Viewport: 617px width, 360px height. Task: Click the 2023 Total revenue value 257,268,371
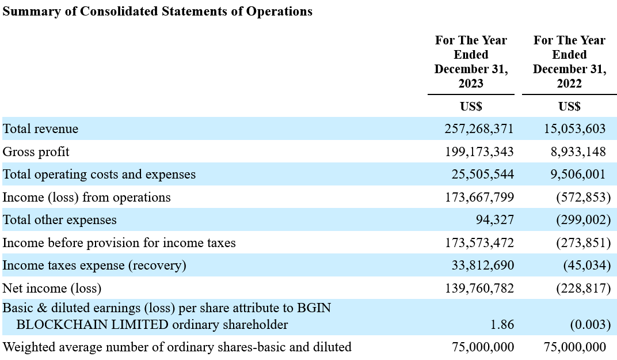[479, 129]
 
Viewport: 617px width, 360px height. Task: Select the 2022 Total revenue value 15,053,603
[574, 129]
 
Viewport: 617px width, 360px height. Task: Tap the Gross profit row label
[36, 151]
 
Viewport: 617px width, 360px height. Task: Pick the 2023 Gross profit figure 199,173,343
[479, 151]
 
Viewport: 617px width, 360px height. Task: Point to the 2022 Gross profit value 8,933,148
[578, 151]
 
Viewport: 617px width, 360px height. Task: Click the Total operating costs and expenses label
[99, 174]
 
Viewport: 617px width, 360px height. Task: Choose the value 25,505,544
[482, 174]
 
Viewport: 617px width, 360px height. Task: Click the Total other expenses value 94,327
[494, 220]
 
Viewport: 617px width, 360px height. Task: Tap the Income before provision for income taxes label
[119, 242]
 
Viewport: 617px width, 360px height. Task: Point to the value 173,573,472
[479, 242]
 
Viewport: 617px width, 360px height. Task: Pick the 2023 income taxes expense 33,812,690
[482, 265]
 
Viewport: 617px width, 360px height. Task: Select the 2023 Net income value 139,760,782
[479, 289]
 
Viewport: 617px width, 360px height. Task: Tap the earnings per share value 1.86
[502, 324]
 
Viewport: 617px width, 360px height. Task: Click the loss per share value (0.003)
[591, 324]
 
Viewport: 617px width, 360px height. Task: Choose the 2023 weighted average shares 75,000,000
[483, 347]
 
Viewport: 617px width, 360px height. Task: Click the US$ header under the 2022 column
[569, 107]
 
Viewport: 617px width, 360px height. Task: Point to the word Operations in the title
[279, 12]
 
